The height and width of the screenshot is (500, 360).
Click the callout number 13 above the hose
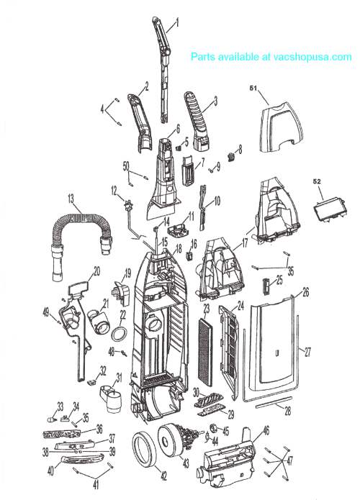coord(71,199)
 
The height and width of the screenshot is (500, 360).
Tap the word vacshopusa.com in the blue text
coord(312,57)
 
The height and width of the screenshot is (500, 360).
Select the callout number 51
coord(253,88)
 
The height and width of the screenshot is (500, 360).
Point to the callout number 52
coord(317,181)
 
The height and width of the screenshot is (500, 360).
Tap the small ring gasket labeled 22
coord(118,334)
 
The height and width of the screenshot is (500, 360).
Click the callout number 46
coord(266,431)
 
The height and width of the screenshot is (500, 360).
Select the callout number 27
coord(307,352)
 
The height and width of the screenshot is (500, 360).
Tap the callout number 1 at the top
coord(177,22)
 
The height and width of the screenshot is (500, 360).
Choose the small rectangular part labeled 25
coord(266,286)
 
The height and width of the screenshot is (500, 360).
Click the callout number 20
coord(96,272)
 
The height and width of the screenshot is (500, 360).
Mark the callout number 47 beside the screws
coord(289,460)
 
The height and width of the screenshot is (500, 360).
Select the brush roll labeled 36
coord(61,434)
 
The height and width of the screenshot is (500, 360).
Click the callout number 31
coord(119,378)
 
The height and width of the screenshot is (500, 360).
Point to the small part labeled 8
coord(230,157)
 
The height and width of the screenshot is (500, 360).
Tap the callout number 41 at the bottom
coord(96,485)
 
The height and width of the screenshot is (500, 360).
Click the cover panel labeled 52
coord(330,208)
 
